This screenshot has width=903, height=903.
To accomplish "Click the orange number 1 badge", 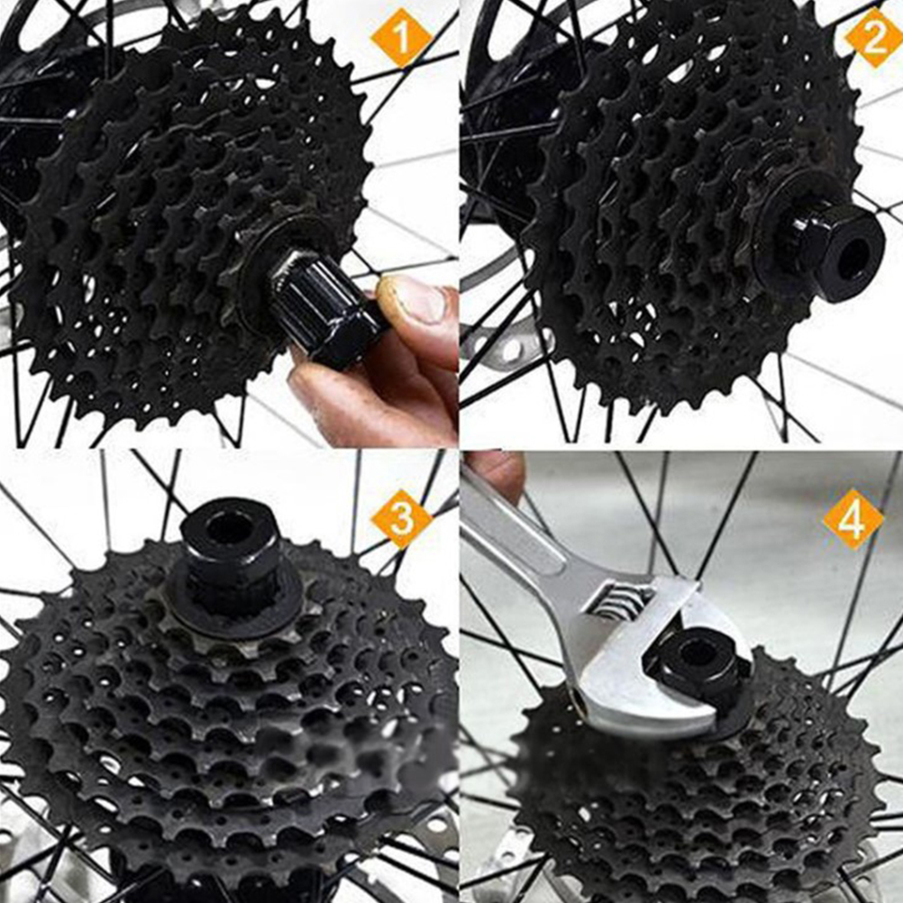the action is pos(401,39).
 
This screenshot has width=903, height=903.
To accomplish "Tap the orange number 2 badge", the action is pos(875,39).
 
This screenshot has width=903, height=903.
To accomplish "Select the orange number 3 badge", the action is pos(401,519).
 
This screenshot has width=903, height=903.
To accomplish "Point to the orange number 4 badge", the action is pos(853,520).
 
